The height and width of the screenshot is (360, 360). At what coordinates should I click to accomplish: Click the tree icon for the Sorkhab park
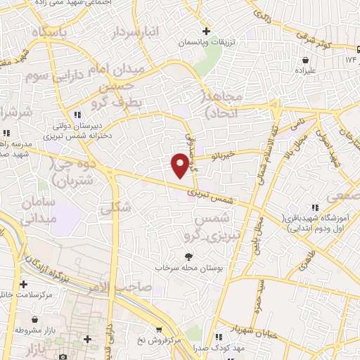pyautogui.click(x=188, y=257)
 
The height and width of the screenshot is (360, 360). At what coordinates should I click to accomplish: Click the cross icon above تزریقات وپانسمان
pyautogui.click(x=206, y=31)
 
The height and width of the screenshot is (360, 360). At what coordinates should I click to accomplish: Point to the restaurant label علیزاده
pyautogui.click(x=312, y=71)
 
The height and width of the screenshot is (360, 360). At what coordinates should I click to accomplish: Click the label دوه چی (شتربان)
pyautogui.click(x=75, y=169)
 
